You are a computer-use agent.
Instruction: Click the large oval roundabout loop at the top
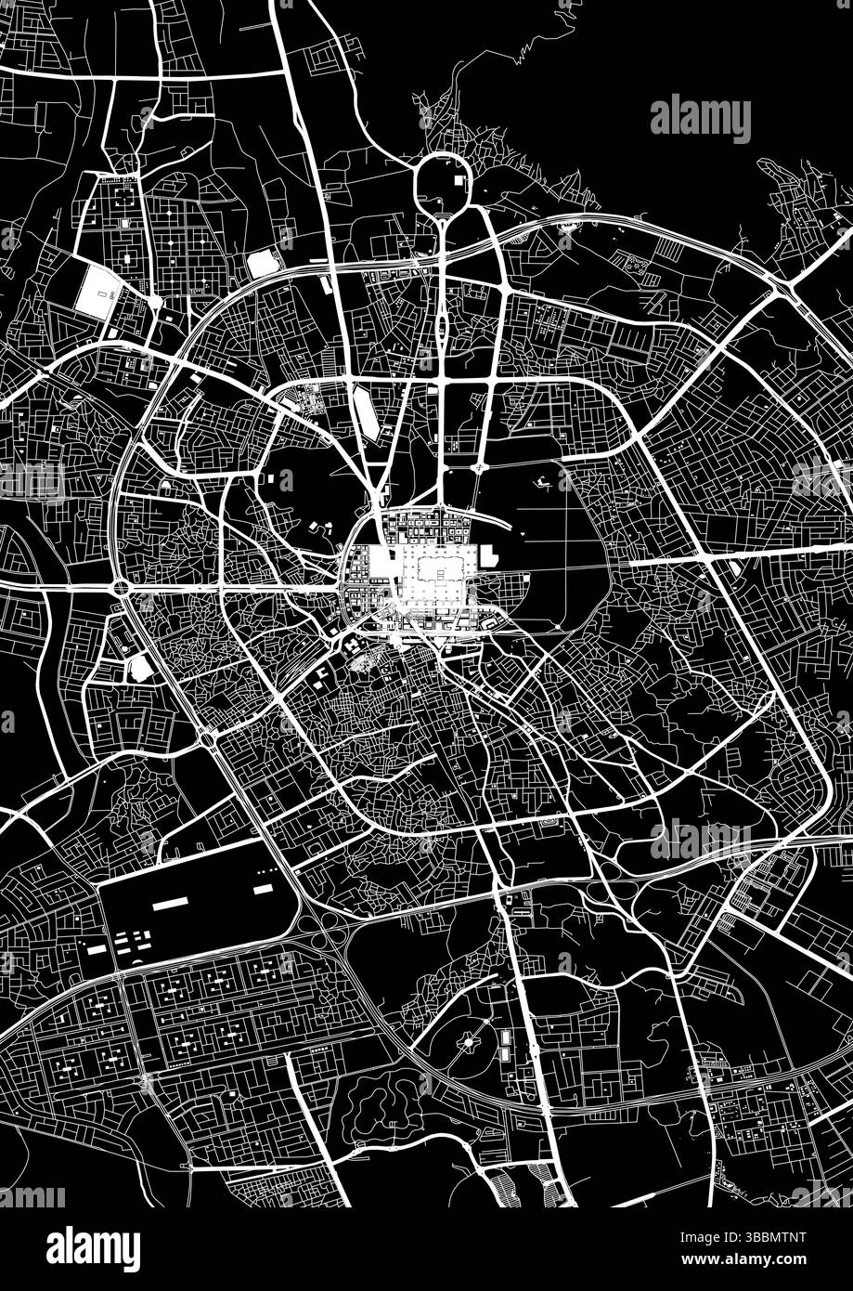[444, 181]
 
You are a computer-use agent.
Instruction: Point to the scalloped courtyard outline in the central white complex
[441, 567]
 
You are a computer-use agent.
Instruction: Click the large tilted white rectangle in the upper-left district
[98, 292]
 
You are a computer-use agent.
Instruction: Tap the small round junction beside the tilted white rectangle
[155, 302]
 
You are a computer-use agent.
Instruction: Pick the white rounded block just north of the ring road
[263, 264]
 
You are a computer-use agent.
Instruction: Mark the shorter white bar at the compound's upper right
[263, 889]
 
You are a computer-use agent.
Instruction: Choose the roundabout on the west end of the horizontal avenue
[121, 587]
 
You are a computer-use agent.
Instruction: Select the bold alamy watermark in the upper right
[700, 120]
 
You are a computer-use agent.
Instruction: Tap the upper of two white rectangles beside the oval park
[506, 1036]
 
